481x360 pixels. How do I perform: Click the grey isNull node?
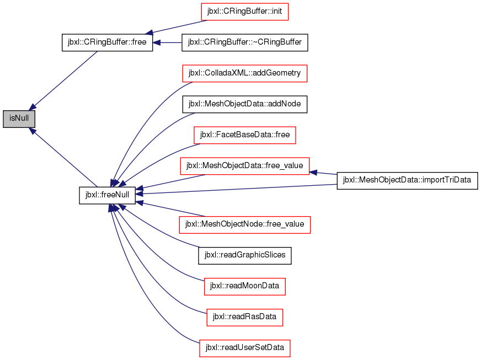point(19,119)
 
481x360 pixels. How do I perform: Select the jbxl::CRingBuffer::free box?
point(107,42)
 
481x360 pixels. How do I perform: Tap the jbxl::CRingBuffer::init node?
point(244,12)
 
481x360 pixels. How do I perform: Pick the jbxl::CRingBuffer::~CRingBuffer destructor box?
point(245,42)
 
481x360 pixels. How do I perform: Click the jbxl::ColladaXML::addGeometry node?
point(245,73)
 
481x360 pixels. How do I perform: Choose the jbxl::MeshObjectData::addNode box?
point(245,104)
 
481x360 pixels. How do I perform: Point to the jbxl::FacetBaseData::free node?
point(245,135)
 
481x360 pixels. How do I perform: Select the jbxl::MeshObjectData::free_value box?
point(245,166)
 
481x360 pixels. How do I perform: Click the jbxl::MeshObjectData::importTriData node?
point(408,180)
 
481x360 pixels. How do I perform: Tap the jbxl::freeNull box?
point(107,195)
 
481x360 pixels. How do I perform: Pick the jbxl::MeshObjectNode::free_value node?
point(245,224)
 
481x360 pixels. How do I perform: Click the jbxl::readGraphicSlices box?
point(245,255)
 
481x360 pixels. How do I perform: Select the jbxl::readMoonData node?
point(245,287)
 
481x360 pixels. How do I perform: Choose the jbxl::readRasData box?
point(245,317)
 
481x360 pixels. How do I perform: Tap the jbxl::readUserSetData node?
point(245,348)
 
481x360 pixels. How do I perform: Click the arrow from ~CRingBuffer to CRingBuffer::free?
point(167,42)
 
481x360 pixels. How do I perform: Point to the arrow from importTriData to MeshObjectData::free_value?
point(323,173)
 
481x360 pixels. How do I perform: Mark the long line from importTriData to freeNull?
point(236,189)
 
